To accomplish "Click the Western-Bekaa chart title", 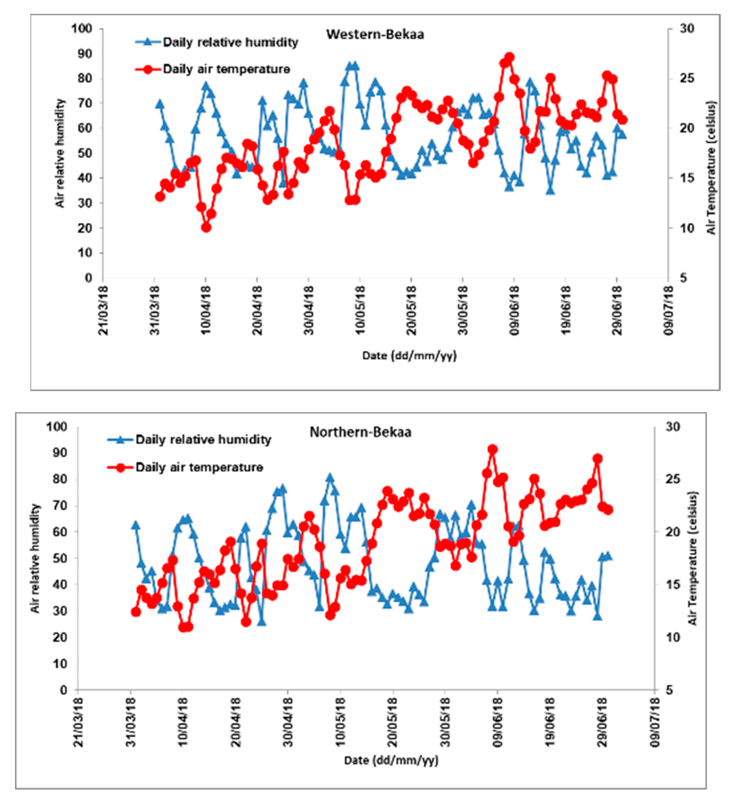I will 375,35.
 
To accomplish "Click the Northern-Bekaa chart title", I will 360,432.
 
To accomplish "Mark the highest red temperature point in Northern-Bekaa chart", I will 492,449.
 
